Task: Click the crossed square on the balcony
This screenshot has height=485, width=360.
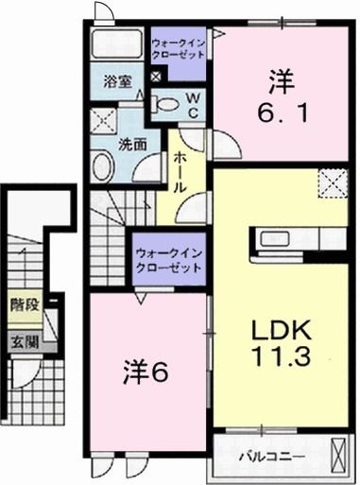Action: (341, 459)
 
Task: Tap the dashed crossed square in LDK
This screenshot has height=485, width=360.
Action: (333, 182)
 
